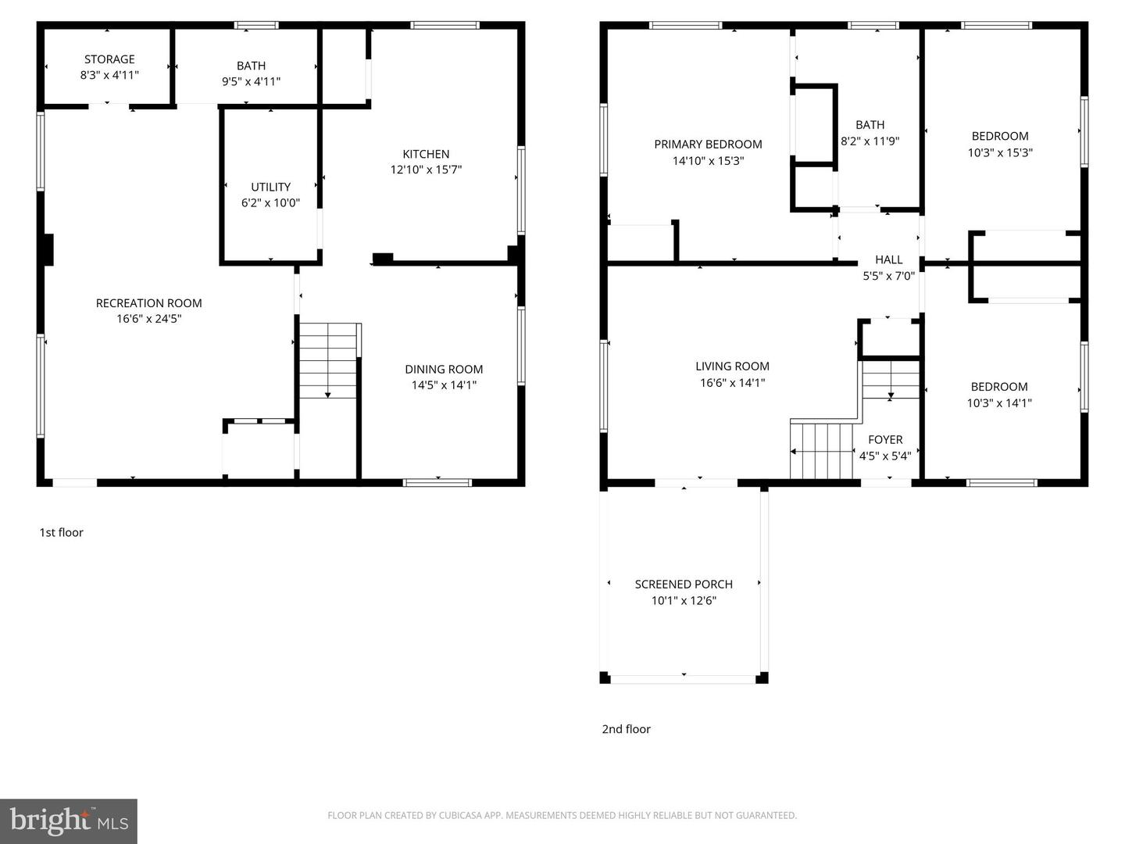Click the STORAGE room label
tap(109, 59)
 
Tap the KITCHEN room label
tap(426, 154)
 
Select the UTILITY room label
tap(270, 187)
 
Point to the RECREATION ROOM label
tap(148, 303)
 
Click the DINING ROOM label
tap(444, 370)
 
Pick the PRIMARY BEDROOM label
tap(708, 145)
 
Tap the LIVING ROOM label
tap(732, 367)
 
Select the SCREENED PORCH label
tap(684, 585)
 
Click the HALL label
tap(888, 259)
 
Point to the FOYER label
tap(885, 440)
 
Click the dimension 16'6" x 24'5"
tap(148, 319)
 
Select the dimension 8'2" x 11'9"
tap(870, 141)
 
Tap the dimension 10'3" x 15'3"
tap(1000, 153)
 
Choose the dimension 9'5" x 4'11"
tap(251, 81)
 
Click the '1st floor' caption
tap(61, 532)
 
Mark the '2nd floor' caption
tap(626, 729)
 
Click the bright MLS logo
tap(69, 821)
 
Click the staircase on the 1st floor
tap(328, 361)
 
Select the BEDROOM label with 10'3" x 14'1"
tap(999, 387)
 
